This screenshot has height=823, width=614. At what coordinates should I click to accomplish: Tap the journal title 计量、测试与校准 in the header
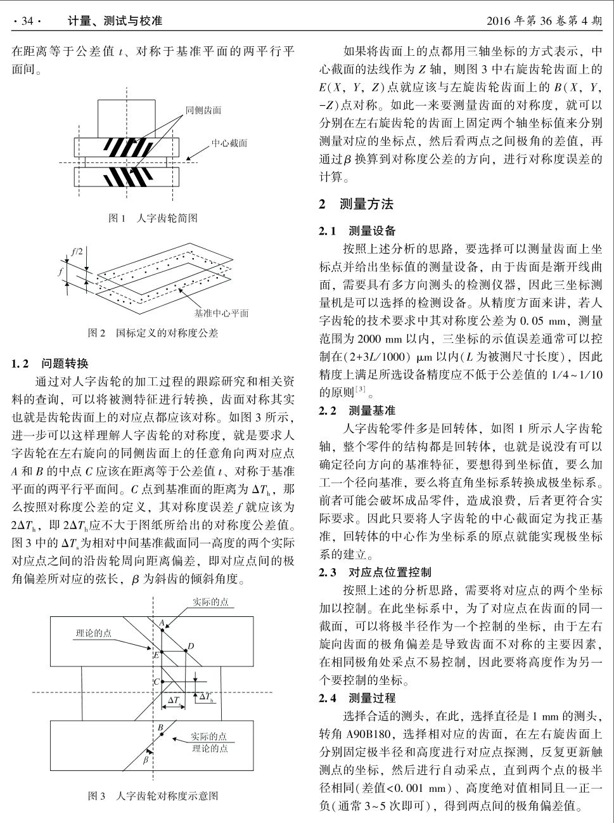115,22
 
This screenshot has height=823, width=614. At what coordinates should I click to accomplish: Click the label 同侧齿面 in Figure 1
203,111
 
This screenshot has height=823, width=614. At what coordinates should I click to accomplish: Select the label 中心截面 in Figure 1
229,143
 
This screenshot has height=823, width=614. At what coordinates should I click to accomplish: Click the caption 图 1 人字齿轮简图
153,218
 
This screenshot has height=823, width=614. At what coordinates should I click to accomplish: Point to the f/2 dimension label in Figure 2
77,251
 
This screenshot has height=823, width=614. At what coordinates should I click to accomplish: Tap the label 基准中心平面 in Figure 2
221,313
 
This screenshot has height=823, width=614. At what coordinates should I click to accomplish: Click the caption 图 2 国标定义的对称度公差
153,333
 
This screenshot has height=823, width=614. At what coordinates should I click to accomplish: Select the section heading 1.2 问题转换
50,364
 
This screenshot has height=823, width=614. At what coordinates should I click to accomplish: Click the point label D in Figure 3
190,646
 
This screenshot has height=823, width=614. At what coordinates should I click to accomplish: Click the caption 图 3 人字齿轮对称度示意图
153,796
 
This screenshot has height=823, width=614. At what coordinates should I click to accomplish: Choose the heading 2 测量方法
356,204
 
